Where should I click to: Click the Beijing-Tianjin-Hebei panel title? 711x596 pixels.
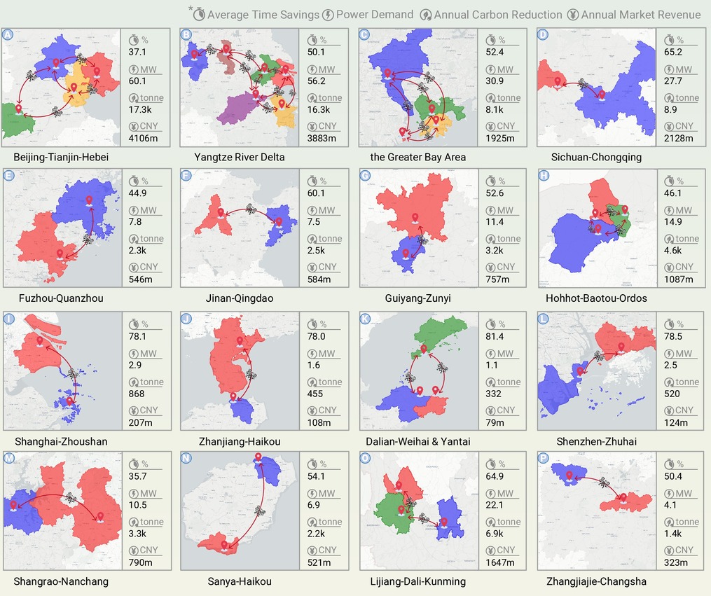coord(61,158)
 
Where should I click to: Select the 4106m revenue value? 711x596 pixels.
coord(143,138)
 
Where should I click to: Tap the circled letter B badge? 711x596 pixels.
coord(186,34)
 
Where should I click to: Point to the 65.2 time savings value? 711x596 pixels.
coord(673,52)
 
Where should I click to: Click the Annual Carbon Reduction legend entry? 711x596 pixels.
coord(490,15)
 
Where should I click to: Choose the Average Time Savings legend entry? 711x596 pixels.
coord(256,15)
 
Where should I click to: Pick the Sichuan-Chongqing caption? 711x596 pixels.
coord(596,158)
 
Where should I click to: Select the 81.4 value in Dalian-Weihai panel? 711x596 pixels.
coord(495,336)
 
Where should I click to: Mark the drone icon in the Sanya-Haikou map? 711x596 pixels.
coord(260,511)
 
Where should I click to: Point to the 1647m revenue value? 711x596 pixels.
coord(499,562)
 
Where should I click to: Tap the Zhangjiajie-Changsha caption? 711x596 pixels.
coord(596,581)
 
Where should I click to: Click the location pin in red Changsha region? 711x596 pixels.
coord(623,498)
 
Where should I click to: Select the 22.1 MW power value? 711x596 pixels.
coord(495,505)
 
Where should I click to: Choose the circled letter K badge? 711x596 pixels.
coord(365,318)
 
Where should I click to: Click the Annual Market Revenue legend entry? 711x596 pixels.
coord(634,15)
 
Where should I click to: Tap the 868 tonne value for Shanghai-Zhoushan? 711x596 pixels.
coord(137,394)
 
